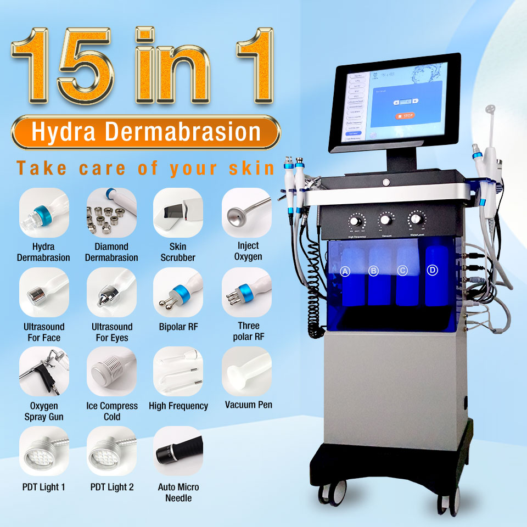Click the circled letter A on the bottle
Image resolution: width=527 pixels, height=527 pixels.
(345, 271)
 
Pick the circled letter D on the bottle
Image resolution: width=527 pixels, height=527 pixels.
(432, 270)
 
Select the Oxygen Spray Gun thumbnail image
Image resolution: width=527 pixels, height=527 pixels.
(44, 371)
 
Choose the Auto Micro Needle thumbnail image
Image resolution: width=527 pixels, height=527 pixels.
(178, 451)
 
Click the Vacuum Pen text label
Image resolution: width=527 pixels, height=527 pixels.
(248, 405)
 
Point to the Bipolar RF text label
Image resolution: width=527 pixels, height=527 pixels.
(178, 327)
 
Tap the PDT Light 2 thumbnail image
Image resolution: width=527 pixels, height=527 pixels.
(111, 451)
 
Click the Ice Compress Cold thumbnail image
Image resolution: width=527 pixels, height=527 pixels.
(111, 371)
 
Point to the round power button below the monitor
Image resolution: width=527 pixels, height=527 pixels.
(386, 181)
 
